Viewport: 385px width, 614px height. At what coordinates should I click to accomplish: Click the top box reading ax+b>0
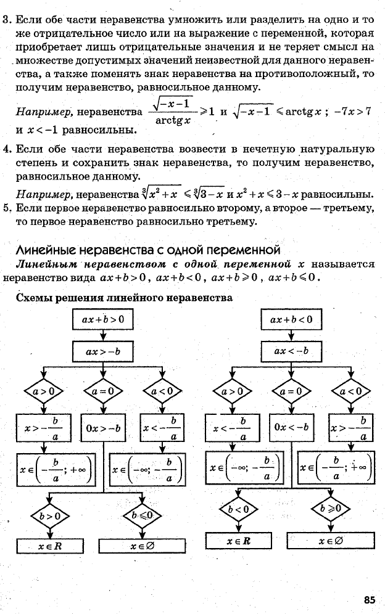[x=102, y=319]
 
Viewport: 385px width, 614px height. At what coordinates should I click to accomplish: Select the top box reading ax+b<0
[x=291, y=319]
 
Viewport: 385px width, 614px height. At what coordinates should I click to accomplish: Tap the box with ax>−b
[x=102, y=351]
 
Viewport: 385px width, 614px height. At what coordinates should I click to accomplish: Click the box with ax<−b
[x=291, y=351]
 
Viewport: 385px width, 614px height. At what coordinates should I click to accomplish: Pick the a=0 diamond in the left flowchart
[x=103, y=391]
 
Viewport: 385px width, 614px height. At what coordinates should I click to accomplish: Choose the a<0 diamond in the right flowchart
[x=351, y=391]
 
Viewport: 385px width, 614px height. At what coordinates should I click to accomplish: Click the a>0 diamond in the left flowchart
[x=44, y=391]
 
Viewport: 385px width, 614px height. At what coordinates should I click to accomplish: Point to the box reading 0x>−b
[x=103, y=428]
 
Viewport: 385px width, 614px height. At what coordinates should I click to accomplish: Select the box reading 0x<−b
[x=291, y=427]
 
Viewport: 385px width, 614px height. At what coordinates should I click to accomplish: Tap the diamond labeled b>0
[x=50, y=516]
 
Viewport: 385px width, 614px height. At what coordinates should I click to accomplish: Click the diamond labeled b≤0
[x=143, y=515]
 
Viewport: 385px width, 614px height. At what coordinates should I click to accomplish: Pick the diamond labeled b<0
[x=238, y=509]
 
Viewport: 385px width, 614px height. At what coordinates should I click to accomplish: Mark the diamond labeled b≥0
[x=331, y=509]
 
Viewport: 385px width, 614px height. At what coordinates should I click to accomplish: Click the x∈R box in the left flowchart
[x=50, y=546]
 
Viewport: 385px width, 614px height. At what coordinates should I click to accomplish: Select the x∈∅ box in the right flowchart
[x=331, y=541]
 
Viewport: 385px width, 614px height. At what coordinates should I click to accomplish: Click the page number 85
[x=370, y=599]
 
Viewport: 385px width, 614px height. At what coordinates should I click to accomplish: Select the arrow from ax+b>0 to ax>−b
[x=102, y=335]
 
